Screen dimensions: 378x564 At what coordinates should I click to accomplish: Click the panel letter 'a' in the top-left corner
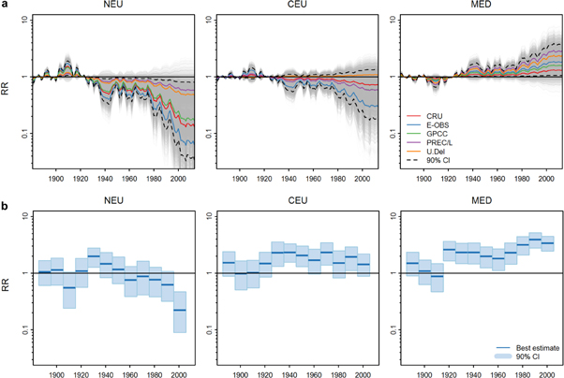pyautogui.click(x=5, y=6)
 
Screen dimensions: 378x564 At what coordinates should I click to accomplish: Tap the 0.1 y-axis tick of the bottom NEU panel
pyautogui.click(x=23, y=329)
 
